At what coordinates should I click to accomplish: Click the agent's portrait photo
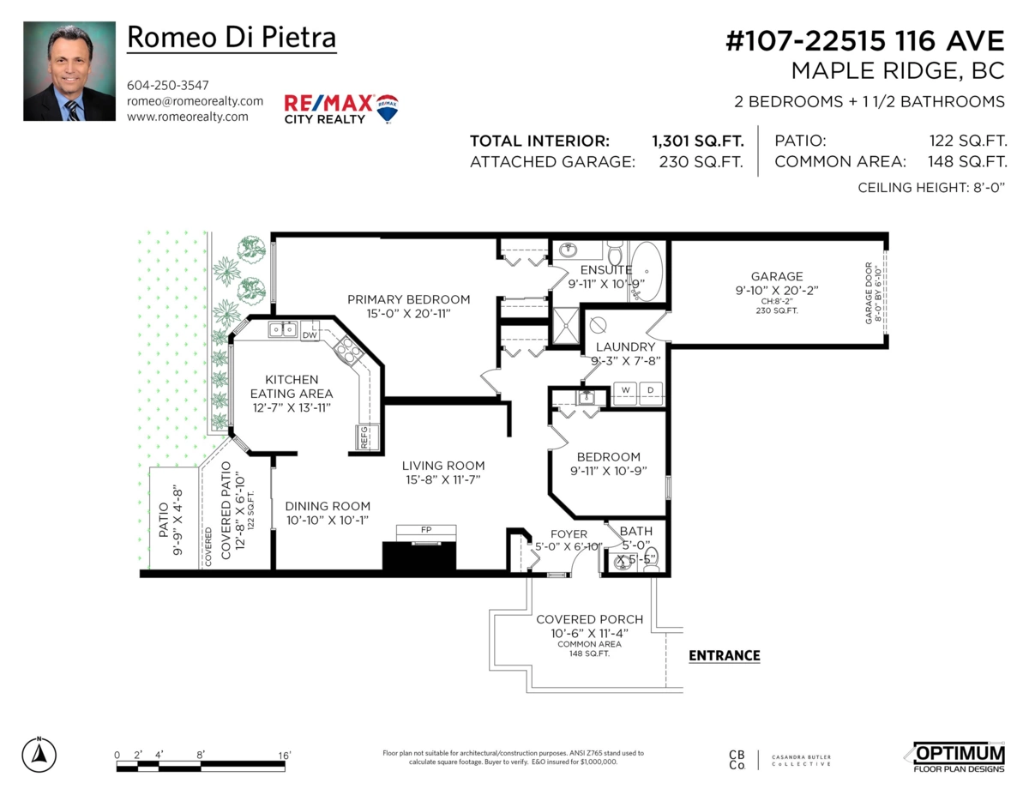69,71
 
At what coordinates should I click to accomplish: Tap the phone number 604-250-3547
167,85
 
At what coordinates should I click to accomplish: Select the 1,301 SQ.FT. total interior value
697,142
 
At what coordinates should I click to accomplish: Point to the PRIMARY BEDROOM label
408,299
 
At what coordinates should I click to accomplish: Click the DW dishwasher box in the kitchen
310,335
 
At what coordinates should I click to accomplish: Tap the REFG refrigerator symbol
364,437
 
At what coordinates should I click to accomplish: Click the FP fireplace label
425,530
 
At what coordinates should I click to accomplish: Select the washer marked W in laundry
625,390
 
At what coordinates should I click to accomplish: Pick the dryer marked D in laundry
650,390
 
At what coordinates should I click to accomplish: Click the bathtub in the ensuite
647,271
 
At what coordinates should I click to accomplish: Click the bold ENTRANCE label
725,656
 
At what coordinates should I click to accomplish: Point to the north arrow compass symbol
39,753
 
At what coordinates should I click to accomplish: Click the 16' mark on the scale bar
284,755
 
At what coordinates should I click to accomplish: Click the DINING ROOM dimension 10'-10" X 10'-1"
328,520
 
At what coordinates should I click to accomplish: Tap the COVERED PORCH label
589,619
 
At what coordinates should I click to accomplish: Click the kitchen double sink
283,329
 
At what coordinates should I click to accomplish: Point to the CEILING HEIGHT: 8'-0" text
930,187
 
